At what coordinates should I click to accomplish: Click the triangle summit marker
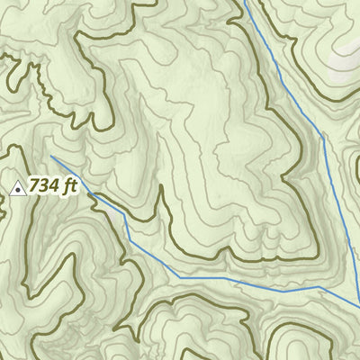pyautogui.click(x=17, y=188)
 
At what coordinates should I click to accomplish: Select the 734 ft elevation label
pyautogui.click(x=54, y=187)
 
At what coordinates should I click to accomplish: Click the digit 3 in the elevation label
pyautogui.click(x=45, y=187)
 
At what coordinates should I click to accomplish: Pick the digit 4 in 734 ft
pyautogui.click(x=55, y=187)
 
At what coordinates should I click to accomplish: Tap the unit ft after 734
pyautogui.click(x=71, y=187)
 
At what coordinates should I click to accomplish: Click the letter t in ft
pyautogui.click(x=75, y=187)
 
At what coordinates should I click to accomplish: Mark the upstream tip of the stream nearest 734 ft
pyautogui.click(x=51, y=157)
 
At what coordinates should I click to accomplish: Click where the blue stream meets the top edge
pyautogui.click(x=245, y=1)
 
